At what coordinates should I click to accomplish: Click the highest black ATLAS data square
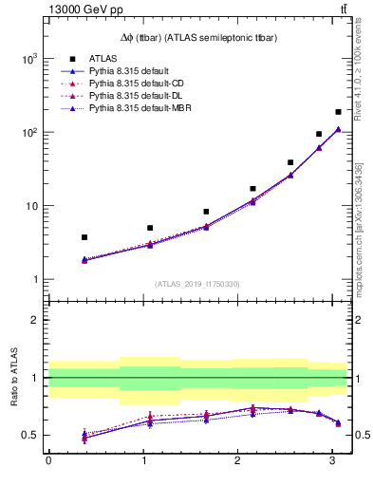click(x=338, y=112)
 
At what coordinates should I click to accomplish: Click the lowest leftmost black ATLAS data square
click(x=84, y=237)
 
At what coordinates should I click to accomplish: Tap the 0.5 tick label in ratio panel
click(x=30, y=435)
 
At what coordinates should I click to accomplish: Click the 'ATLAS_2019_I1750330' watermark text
click(x=197, y=284)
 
